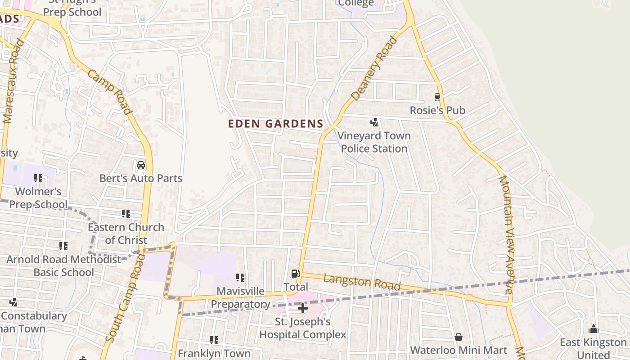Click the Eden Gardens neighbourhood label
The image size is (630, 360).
coord(275,124)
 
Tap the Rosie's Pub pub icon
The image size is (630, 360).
coord(437,97)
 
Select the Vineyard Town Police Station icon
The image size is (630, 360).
coord(374,122)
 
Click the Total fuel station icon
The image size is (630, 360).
coord(295,274)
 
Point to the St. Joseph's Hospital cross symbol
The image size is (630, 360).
coord(303,308)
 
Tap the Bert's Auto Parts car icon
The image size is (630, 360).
coord(141,165)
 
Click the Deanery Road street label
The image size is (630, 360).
coord(374,69)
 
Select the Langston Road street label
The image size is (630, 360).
coord(362,282)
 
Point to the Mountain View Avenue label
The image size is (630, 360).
coord(506,234)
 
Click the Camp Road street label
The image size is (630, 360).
coord(109,92)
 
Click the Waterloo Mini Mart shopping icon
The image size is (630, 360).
coord(459,337)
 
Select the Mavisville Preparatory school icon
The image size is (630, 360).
coord(240,278)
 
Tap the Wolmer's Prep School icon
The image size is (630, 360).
coord(38,178)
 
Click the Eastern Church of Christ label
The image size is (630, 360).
coord(126,233)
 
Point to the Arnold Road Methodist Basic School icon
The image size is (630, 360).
coord(63,246)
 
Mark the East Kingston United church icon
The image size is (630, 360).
coord(593,329)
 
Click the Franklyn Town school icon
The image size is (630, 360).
coord(214,340)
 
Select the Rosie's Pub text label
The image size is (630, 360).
coord(437,110)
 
